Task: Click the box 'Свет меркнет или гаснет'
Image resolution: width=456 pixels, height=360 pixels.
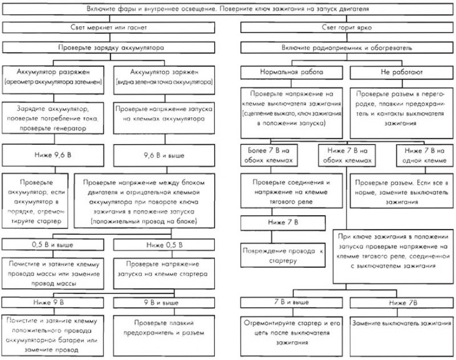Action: coord(108,27)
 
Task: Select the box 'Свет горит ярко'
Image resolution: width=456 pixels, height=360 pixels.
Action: coord(347,27)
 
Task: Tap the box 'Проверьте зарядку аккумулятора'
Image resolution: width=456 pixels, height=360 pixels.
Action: coord(108,48)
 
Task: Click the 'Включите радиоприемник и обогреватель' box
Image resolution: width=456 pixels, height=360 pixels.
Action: coord(347,48)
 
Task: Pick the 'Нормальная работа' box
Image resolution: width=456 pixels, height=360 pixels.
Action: coord(291,72)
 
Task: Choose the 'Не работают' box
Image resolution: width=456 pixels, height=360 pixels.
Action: coord(402,72)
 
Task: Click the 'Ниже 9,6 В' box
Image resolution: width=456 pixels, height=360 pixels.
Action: coord(53,155)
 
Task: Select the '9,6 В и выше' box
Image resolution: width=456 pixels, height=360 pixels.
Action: coord(164,155)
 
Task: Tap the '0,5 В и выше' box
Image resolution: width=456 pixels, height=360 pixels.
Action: coord(52,244)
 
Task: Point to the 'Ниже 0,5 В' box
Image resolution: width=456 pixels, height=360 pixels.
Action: coord(164,244)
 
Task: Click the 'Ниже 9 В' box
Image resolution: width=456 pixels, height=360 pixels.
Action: coord(52,302)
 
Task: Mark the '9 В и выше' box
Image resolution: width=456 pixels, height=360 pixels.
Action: coord(164,302)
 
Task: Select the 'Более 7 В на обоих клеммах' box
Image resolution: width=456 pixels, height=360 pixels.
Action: coord(269,156)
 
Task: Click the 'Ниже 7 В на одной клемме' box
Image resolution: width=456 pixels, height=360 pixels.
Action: coord(425,156)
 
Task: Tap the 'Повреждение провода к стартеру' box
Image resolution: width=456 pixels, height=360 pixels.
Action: coord(283,255)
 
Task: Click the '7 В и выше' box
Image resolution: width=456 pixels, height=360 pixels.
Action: coord(291,302)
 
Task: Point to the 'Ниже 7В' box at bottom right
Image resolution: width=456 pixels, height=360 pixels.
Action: coord(402,302)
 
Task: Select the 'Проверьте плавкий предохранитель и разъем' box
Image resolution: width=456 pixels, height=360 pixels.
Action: coord(164,336)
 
